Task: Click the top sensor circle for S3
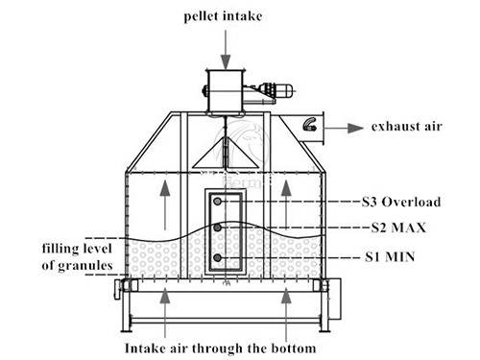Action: point(219,202)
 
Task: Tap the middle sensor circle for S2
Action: point(219,228)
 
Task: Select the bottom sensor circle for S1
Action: point(219,259)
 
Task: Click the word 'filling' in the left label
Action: point(58,248)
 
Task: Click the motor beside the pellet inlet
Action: point(271,92)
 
